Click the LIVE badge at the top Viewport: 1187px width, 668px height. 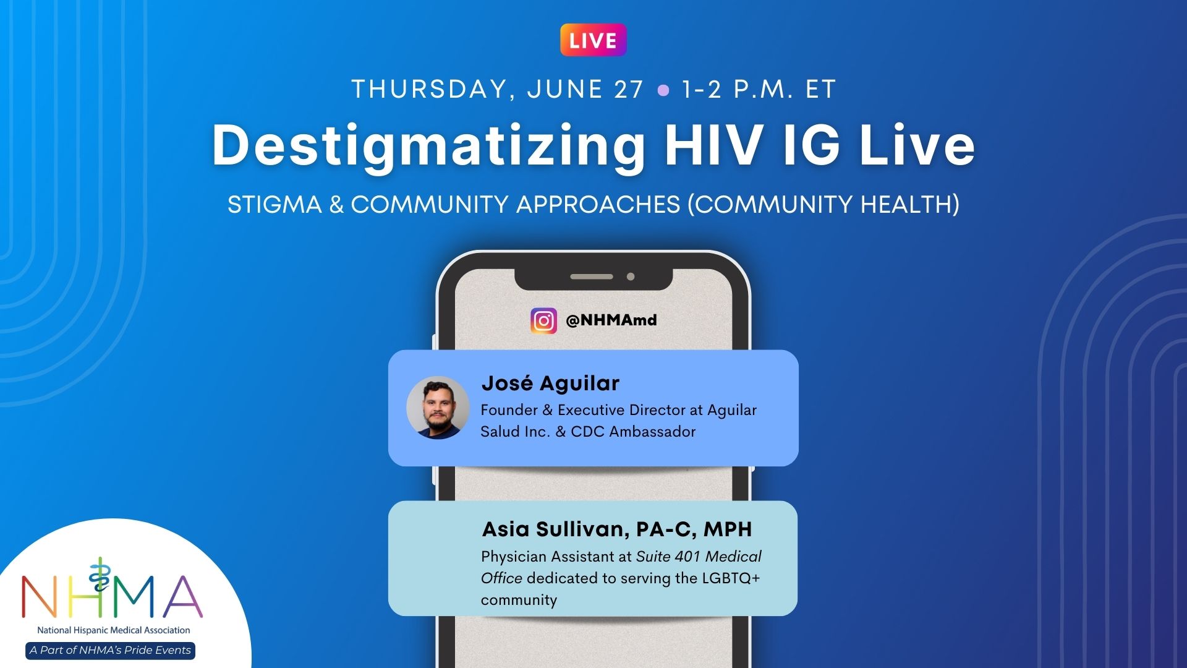[x=593, y=40]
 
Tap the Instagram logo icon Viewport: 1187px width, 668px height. [x=543, y=320]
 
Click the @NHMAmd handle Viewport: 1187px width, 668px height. [x=611, y=320]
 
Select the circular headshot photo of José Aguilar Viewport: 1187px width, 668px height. [x=438, y=408]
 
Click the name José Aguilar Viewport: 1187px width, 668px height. [x=550, y=383]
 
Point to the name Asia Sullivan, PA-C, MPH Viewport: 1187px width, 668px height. [x=617, y=529]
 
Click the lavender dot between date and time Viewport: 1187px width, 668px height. [x=663, y=90]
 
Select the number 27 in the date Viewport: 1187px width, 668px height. [x=629, y=90]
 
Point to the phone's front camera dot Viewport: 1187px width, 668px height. [x=631, y=276]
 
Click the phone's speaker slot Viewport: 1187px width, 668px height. [x=592, y=276]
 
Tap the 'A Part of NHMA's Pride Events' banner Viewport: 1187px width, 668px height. [x=111, y=650]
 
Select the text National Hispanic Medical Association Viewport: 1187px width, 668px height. [x=114, y=630]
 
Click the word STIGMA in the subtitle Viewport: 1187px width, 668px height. [x=274, y=205]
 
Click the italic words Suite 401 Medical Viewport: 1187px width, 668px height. [x=699, y=557]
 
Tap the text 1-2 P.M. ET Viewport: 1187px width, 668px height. [x=759, y=90]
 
